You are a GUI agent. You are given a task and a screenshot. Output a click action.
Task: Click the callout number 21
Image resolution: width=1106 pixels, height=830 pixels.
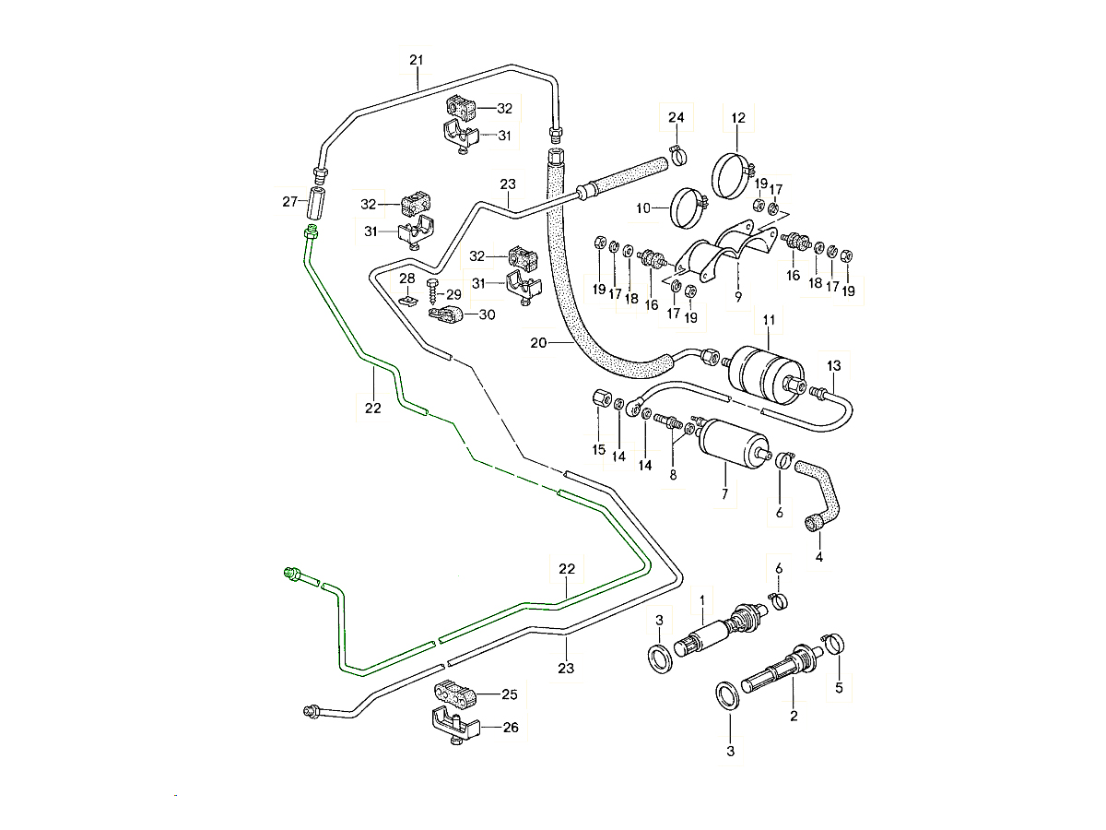click(416, 61)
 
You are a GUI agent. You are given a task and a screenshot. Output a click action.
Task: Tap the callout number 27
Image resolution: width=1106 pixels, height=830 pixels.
click(288, 201)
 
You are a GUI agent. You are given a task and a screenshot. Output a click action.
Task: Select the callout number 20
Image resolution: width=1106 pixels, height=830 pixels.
click(539, 343)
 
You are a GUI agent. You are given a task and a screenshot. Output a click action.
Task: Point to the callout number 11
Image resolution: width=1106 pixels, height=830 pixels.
click(768, 320)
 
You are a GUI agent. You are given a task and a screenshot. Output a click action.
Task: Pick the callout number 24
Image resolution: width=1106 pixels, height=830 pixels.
click(677, 117)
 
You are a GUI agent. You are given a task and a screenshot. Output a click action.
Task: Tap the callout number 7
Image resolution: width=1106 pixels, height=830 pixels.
click(724, 494)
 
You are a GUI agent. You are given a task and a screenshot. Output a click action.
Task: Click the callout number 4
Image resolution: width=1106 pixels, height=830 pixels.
click(818, 556)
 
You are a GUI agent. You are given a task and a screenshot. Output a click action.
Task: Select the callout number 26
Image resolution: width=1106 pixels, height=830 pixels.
click(510, 728)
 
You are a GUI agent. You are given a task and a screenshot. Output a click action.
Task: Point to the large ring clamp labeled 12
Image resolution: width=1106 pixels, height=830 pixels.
click(735, 172)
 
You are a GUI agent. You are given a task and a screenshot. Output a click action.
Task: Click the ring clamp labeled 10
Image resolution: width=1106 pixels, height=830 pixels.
click(687, 208)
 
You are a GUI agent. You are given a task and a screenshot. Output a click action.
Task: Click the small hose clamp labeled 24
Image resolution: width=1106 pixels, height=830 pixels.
click(675, 155)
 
